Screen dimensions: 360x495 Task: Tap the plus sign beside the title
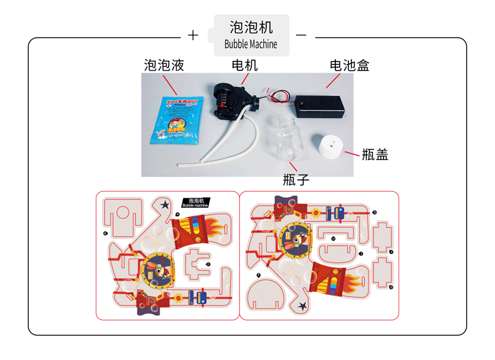coord(193,35)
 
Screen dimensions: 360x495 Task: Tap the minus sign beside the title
coord(301,35)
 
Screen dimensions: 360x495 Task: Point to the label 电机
coord(244,65)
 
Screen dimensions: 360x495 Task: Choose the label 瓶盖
coord(375,154)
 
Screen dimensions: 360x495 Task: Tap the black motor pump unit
coord(229,100)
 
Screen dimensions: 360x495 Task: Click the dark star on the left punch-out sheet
coord(165,204)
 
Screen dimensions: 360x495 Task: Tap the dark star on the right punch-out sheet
coord(303,306)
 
